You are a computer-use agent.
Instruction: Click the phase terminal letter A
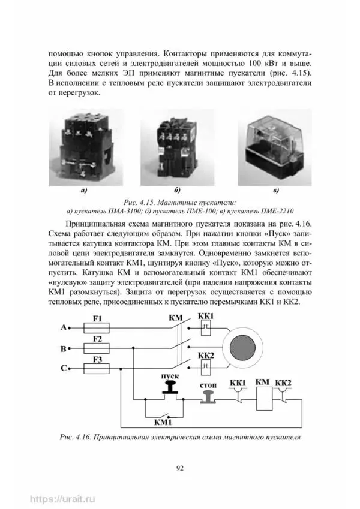tap(63, 328)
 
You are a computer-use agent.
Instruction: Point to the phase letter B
tap(63, 348)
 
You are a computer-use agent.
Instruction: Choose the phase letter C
tap(63, 369)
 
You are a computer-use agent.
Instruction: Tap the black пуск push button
tap(170, 388)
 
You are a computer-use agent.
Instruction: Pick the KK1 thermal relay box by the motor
tap(206, 327)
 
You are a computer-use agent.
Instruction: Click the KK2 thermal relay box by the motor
tap(206, 366)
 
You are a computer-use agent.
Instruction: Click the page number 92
tap(179, 469)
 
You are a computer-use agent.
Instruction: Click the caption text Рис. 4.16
tap(76, 437)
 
